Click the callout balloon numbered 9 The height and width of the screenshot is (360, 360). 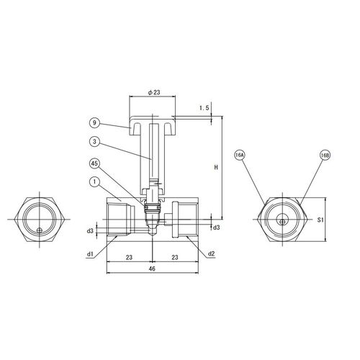(x=94, y=123)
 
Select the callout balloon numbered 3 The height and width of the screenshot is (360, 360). (x=94, y=142)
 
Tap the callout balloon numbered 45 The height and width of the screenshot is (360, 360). (x=94, y=163)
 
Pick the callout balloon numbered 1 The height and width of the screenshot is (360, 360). (x=94, y=182)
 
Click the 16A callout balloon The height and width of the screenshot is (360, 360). (x=239, y=156)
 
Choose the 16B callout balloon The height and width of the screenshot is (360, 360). (x=325, y=156)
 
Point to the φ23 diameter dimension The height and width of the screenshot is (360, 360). (x=153, y=92)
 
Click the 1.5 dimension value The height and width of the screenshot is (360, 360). (x=204, y=108)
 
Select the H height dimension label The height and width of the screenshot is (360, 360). (x=216, y=167)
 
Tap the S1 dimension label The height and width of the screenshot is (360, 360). (x=320, y=220)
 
